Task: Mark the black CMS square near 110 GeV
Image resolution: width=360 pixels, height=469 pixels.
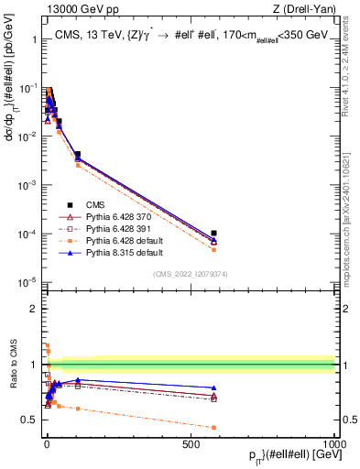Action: (78, 155)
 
